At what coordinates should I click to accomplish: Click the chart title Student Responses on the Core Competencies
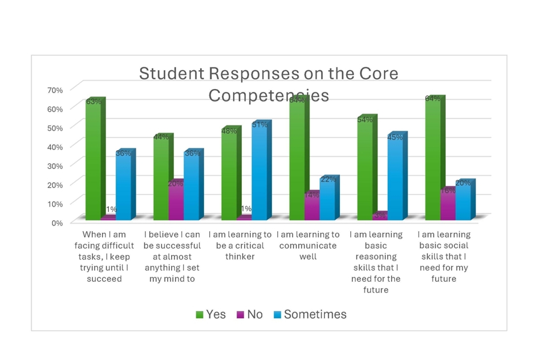(269, 84)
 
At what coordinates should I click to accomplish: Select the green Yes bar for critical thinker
(229, 175)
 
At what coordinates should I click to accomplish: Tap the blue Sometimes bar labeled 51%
(259, 172)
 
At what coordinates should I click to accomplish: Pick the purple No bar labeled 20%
(176, 200)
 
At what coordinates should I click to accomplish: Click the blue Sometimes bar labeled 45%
(395, 177)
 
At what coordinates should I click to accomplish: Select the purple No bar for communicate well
(311, 206)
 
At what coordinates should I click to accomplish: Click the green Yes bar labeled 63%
(93, 160)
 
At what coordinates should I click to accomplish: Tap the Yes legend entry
(210, 314)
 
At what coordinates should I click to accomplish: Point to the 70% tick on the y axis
(55, 90)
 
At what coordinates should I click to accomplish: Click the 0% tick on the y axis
(56, 223)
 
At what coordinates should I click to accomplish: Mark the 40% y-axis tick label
(55, 147)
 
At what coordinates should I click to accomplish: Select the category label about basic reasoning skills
(376, 262)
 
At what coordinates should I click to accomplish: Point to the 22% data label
(328, 180)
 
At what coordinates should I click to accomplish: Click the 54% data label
(365, 120)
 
